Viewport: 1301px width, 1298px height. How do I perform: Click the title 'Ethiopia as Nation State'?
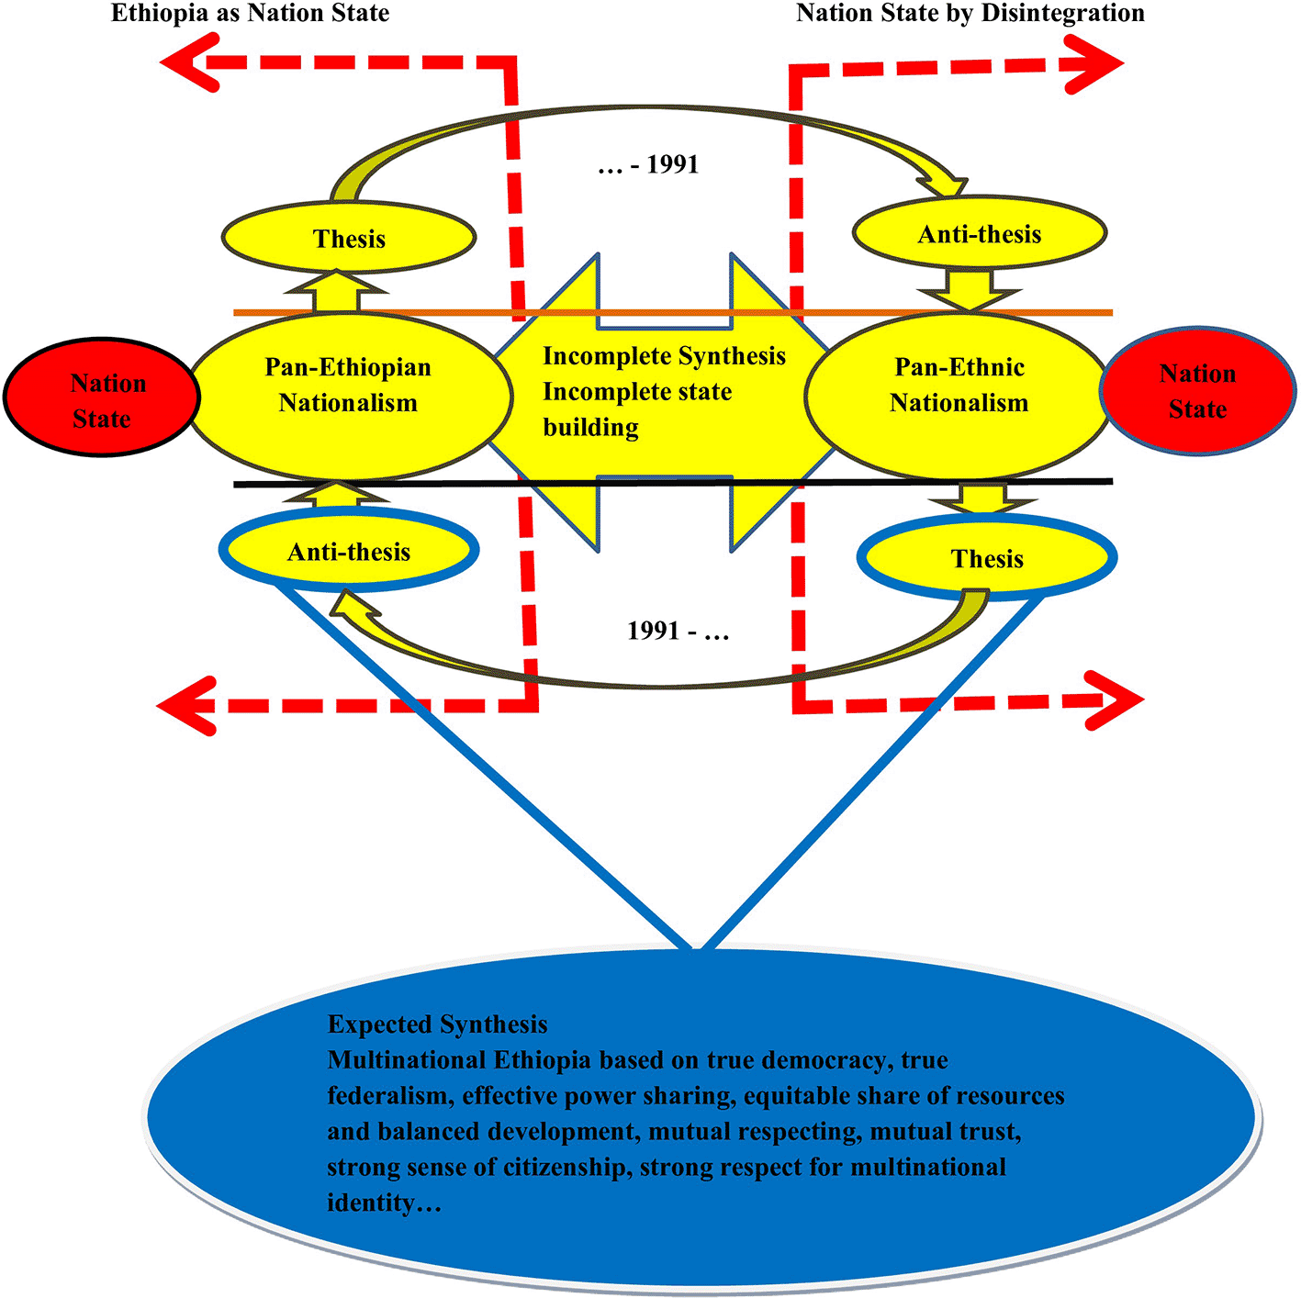[250, 14]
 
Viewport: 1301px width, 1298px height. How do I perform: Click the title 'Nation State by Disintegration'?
[970, 14]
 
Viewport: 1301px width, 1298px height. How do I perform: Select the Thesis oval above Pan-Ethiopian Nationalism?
[349, 239]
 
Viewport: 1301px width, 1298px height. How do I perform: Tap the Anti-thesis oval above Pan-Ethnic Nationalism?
[979, 234]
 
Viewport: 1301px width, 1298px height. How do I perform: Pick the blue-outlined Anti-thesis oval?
[349, 552]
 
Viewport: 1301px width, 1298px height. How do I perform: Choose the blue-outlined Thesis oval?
[987, 558]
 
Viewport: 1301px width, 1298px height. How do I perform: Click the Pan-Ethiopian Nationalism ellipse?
[348, 395]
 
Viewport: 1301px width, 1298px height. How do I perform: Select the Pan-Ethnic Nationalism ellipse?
[959, 395]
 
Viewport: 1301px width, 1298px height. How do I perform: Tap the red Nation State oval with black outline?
[103, 397]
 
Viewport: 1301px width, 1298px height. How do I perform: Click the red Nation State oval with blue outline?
[1197, 391]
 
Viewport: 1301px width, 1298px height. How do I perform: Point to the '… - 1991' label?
[648, 165]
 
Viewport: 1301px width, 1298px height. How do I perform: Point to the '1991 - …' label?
[678, 632]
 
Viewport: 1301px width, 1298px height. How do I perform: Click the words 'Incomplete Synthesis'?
[664, 356]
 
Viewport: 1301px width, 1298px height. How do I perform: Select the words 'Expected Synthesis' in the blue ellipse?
[437, 1024]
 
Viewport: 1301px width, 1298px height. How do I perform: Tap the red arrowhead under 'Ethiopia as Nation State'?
[187, 62]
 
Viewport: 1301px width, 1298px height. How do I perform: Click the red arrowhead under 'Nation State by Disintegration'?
[1096, 64]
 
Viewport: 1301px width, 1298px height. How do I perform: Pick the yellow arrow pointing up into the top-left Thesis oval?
[337, 292]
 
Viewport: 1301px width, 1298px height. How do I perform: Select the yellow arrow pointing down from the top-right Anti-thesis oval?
[970, 290]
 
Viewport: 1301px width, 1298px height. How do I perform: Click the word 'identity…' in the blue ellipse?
[384, 1203]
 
